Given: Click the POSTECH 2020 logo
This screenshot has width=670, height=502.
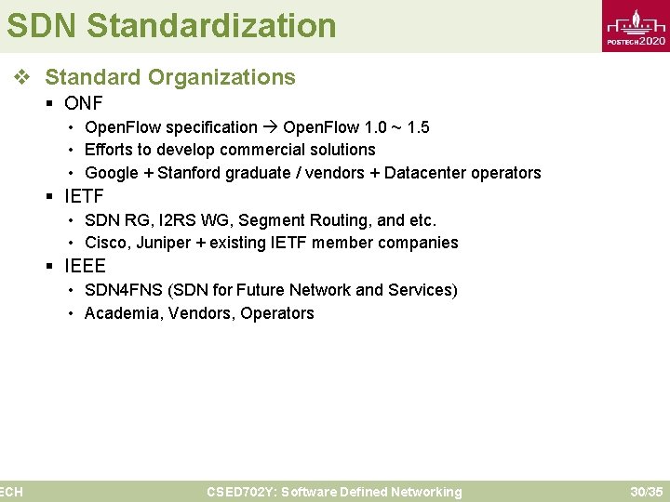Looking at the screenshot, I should click(636, 28).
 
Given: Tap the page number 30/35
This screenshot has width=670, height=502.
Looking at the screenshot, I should click(646, 492).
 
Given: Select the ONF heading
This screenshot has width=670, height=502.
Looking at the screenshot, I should click(84, 103).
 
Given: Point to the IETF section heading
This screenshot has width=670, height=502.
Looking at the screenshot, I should click(85, 196).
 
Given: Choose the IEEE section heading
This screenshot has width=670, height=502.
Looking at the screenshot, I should click(86, 266).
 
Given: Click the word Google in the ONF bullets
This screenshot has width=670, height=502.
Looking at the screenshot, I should click(111, 173).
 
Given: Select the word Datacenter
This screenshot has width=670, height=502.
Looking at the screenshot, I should click(425, 173).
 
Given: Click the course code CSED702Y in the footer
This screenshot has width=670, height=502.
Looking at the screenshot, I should click(240, 492).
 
